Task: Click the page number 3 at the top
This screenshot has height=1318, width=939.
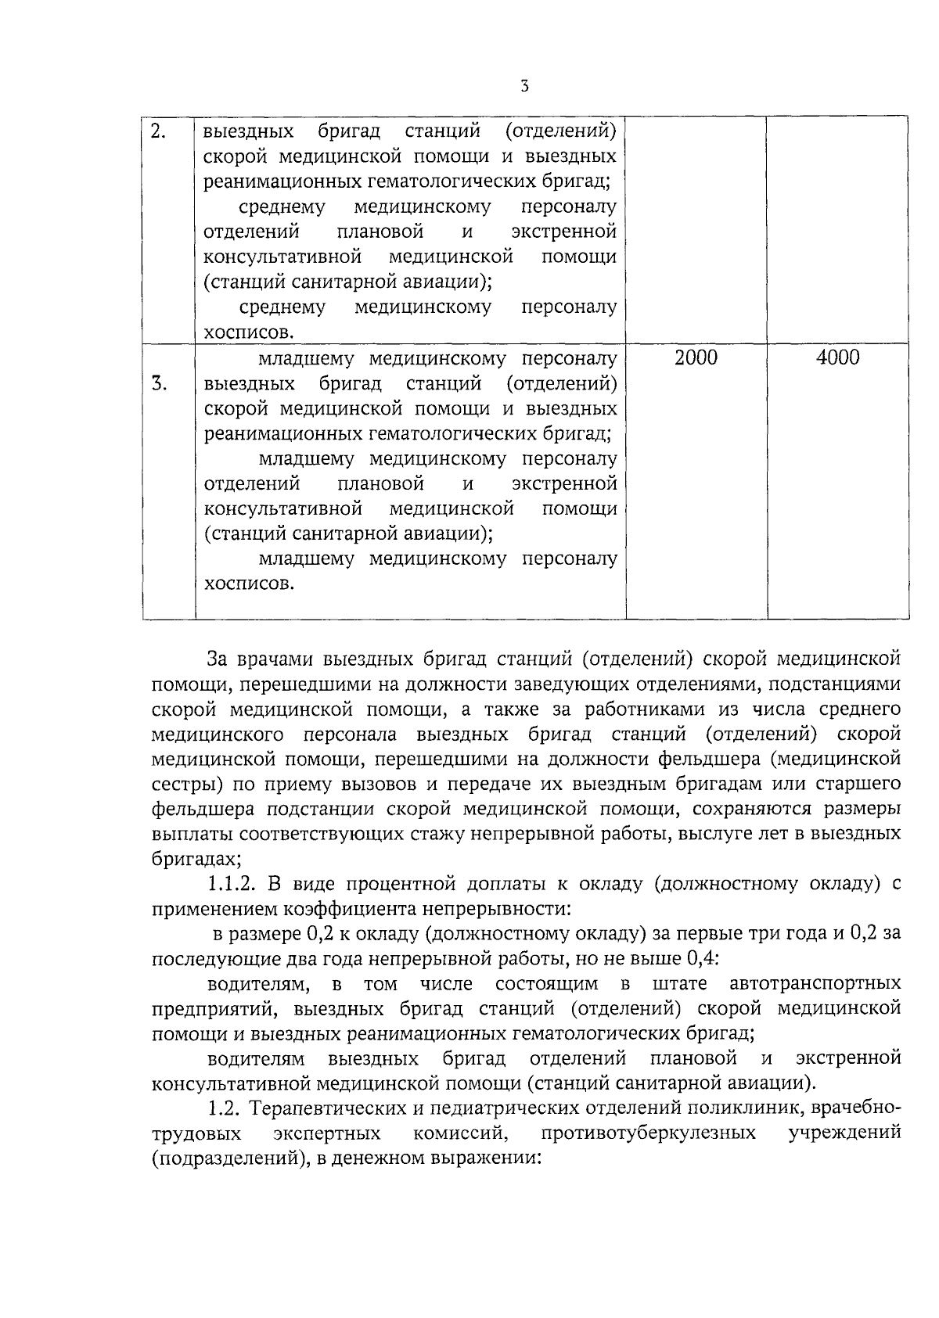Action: click(524, 86)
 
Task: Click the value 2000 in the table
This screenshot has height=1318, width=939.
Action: click(696, 358)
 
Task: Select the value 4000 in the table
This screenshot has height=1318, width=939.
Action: click(837, 358)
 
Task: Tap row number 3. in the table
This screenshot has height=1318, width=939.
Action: click(159, 383)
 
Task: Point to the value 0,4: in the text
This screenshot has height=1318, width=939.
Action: click(702, 958)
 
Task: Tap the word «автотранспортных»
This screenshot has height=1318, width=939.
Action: click(815, 983)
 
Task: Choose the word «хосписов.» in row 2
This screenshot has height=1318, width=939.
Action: click(249, 333)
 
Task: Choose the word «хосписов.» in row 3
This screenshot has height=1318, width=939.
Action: click(249, 584)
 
